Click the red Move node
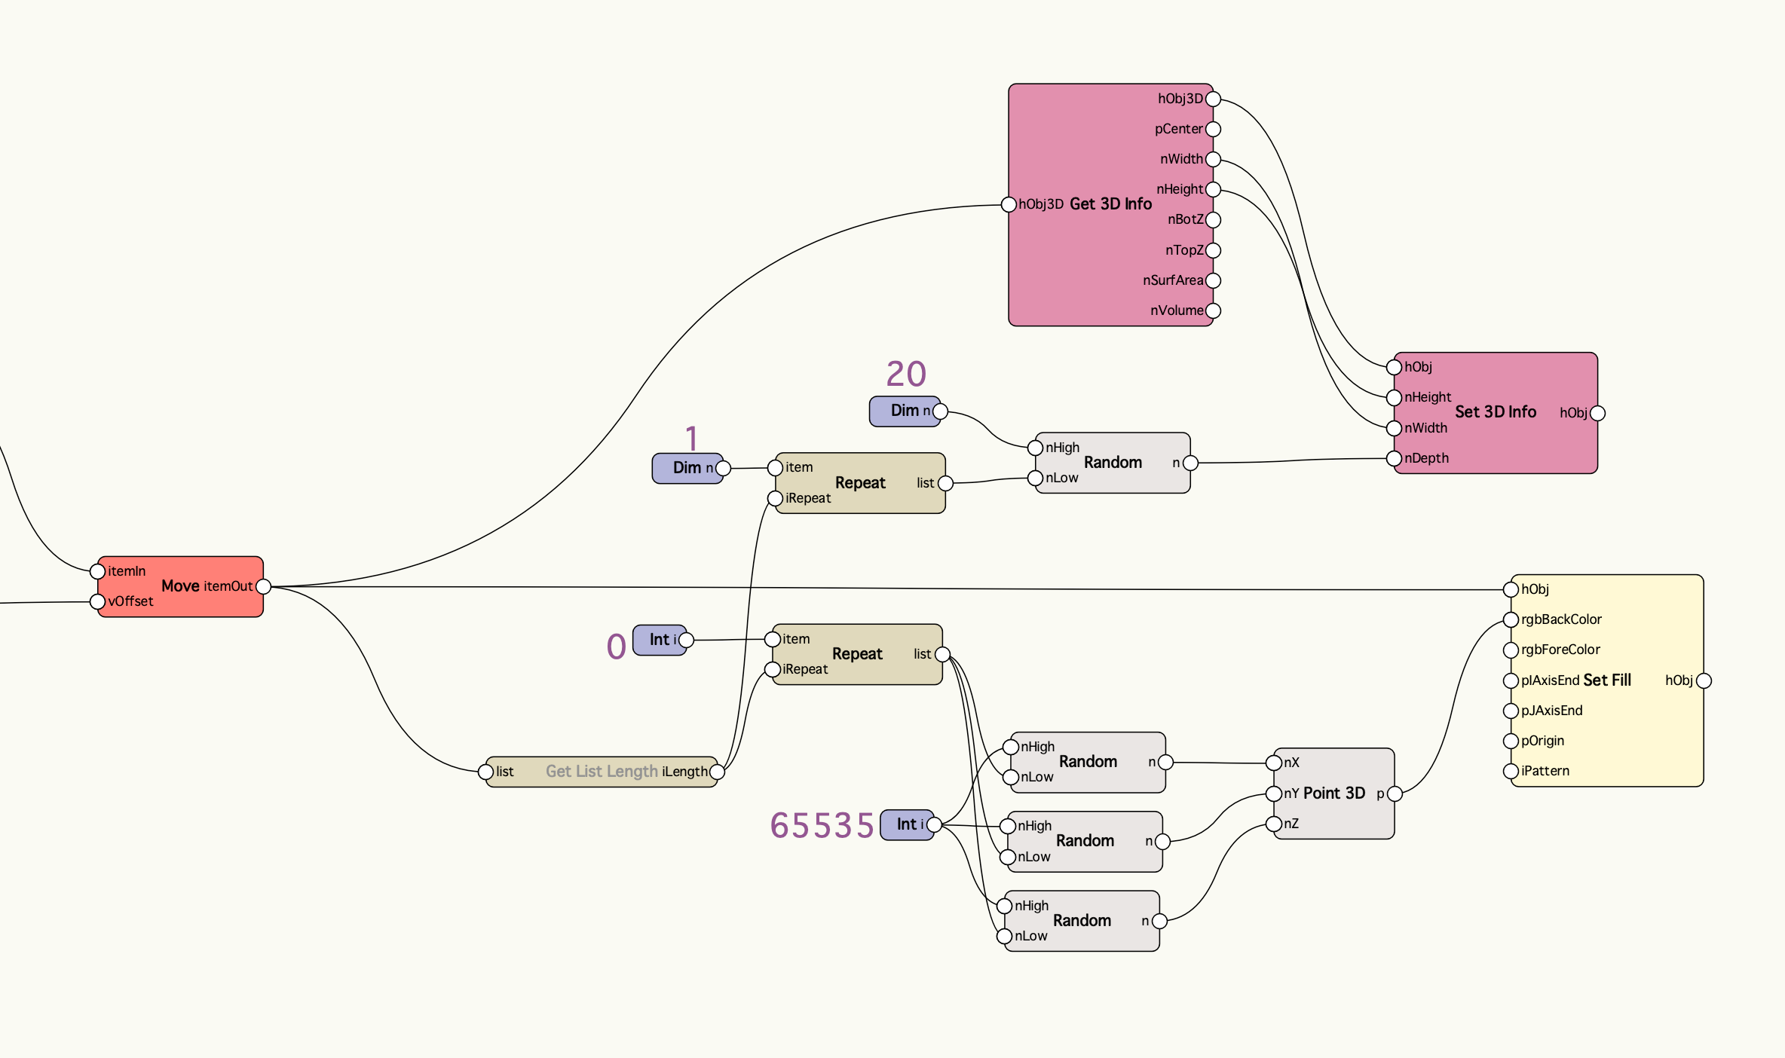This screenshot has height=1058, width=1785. pos(180,586)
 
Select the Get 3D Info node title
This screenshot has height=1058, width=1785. pos(1110,204)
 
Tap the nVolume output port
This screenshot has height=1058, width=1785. pos(1213,310)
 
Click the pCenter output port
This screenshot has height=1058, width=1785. pos(1213,129)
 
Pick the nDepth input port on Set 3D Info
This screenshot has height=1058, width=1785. pos(1395,458)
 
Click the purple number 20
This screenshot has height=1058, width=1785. pos(906,374)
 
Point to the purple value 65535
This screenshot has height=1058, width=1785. pos(822,825)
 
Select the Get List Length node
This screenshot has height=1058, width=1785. pos(602,772)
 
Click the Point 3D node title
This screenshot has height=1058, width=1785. pos(1334,793)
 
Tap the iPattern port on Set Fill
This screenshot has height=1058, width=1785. pos(1511,771)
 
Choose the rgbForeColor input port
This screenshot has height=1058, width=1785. pos(1511,650)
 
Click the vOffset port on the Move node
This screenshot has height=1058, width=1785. pos(97,601)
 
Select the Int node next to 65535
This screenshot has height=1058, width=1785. pos(907,824)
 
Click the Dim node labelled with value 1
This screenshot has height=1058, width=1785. pos(687,468)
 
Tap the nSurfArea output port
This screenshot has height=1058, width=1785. pos(1213,280)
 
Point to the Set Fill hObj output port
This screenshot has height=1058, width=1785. pos(1704,680)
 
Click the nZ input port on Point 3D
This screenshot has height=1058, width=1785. pos(1274,824)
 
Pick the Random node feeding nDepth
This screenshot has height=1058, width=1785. pos(1113,463)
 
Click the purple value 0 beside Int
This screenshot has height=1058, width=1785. pos(617,647)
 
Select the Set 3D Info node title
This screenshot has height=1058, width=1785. pos(1495,412)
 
